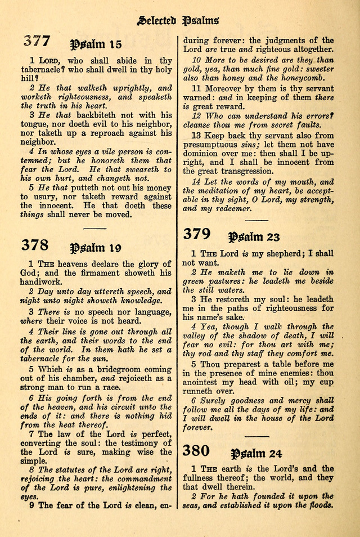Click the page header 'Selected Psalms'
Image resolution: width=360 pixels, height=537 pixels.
coord(178,21)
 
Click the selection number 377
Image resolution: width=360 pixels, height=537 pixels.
coord(37,41)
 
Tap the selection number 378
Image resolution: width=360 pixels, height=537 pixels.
coord(35,245)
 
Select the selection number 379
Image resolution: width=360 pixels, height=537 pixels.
coord(197,234)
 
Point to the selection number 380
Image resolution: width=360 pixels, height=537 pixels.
coord(196,450)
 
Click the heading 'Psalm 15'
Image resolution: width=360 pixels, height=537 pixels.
coord(95,44)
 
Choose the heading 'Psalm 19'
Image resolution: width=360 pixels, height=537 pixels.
coord(95,247)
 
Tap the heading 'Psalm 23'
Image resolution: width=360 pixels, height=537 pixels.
coord(254,236)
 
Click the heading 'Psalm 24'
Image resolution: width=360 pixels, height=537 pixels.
coord(256,453)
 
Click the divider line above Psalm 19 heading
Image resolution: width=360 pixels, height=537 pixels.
coord(94,229)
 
